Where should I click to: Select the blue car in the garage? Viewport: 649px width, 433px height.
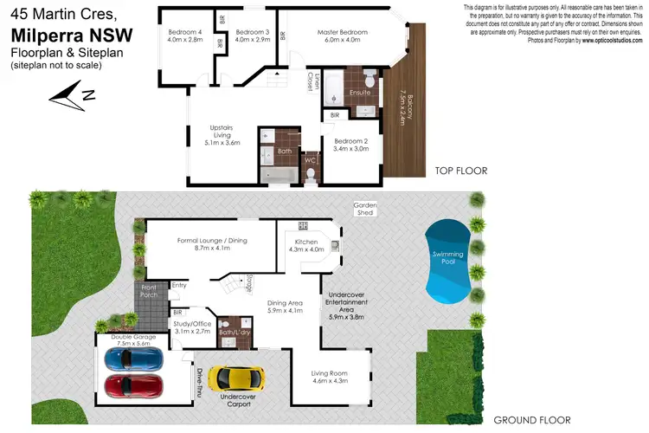click(132, 358)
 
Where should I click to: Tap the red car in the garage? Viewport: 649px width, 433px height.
click(132, 384)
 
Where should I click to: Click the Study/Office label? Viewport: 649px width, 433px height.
click(192, 326)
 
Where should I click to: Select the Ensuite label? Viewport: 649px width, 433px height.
click(360, 91)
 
